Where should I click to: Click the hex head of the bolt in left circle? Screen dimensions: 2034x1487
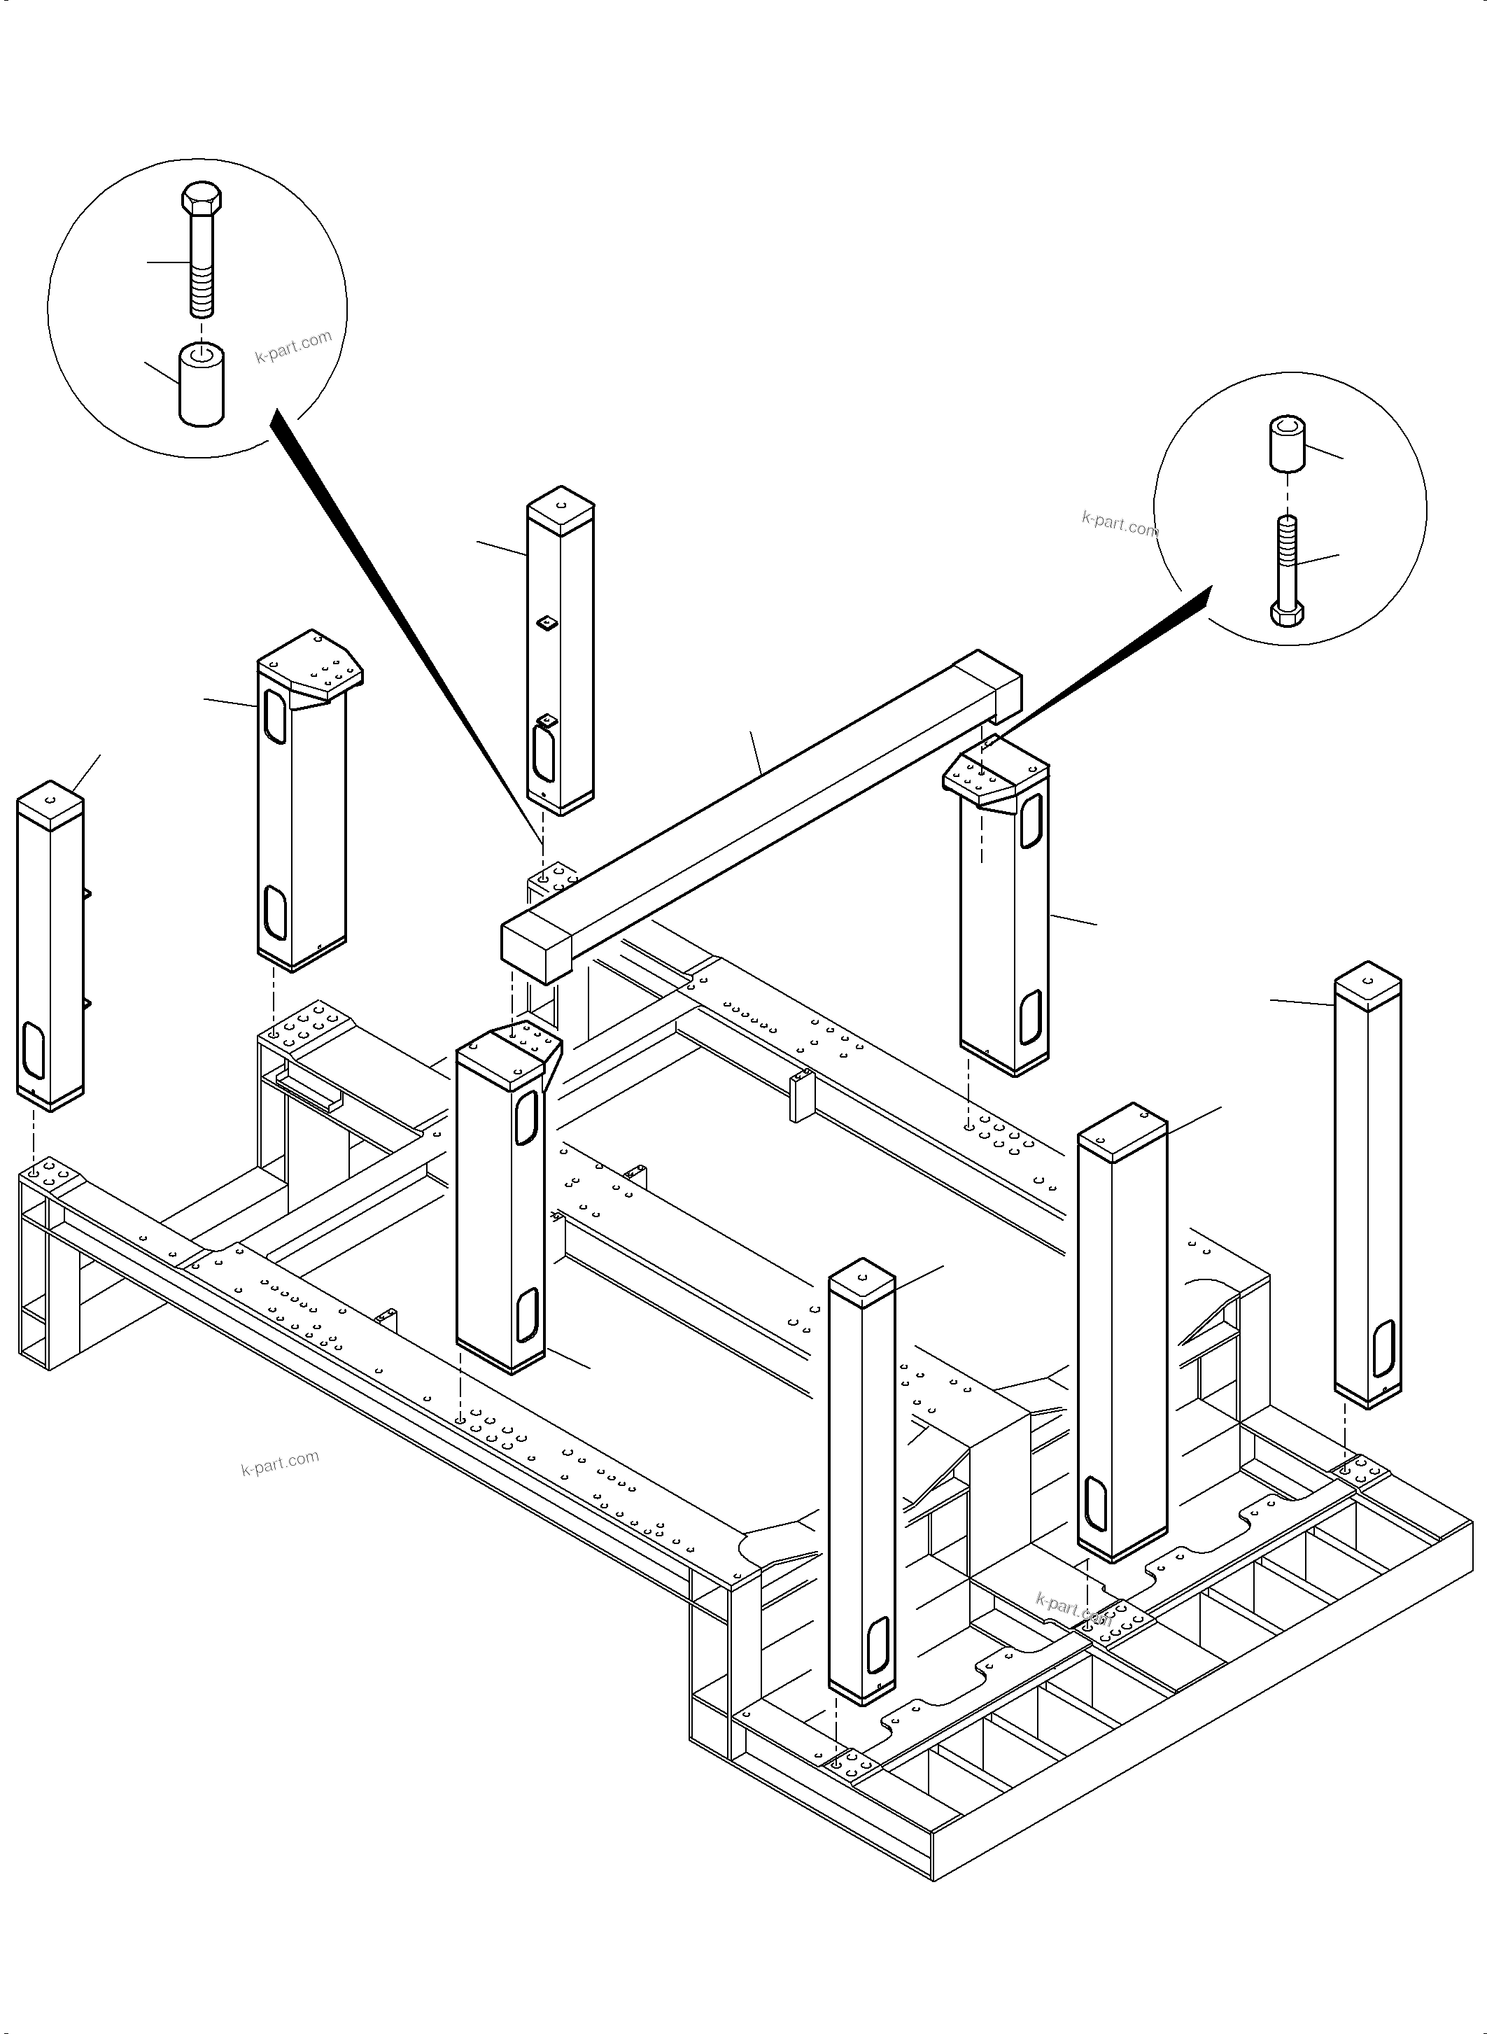[202, 199]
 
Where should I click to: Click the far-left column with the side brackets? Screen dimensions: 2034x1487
[50, 946]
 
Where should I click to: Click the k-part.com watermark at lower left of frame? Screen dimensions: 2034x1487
[280, 1463]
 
